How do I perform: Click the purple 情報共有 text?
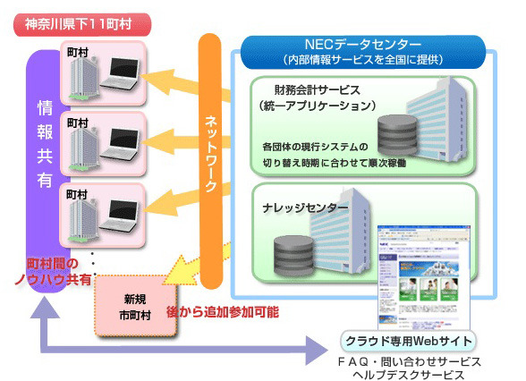(x=44, y=157)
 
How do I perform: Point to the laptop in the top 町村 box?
(x=120, y=74)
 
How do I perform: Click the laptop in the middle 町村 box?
(x=120, y=144)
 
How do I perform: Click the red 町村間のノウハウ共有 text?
(x=59, y=271)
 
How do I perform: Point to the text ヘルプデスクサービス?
(x=410, y=374)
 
